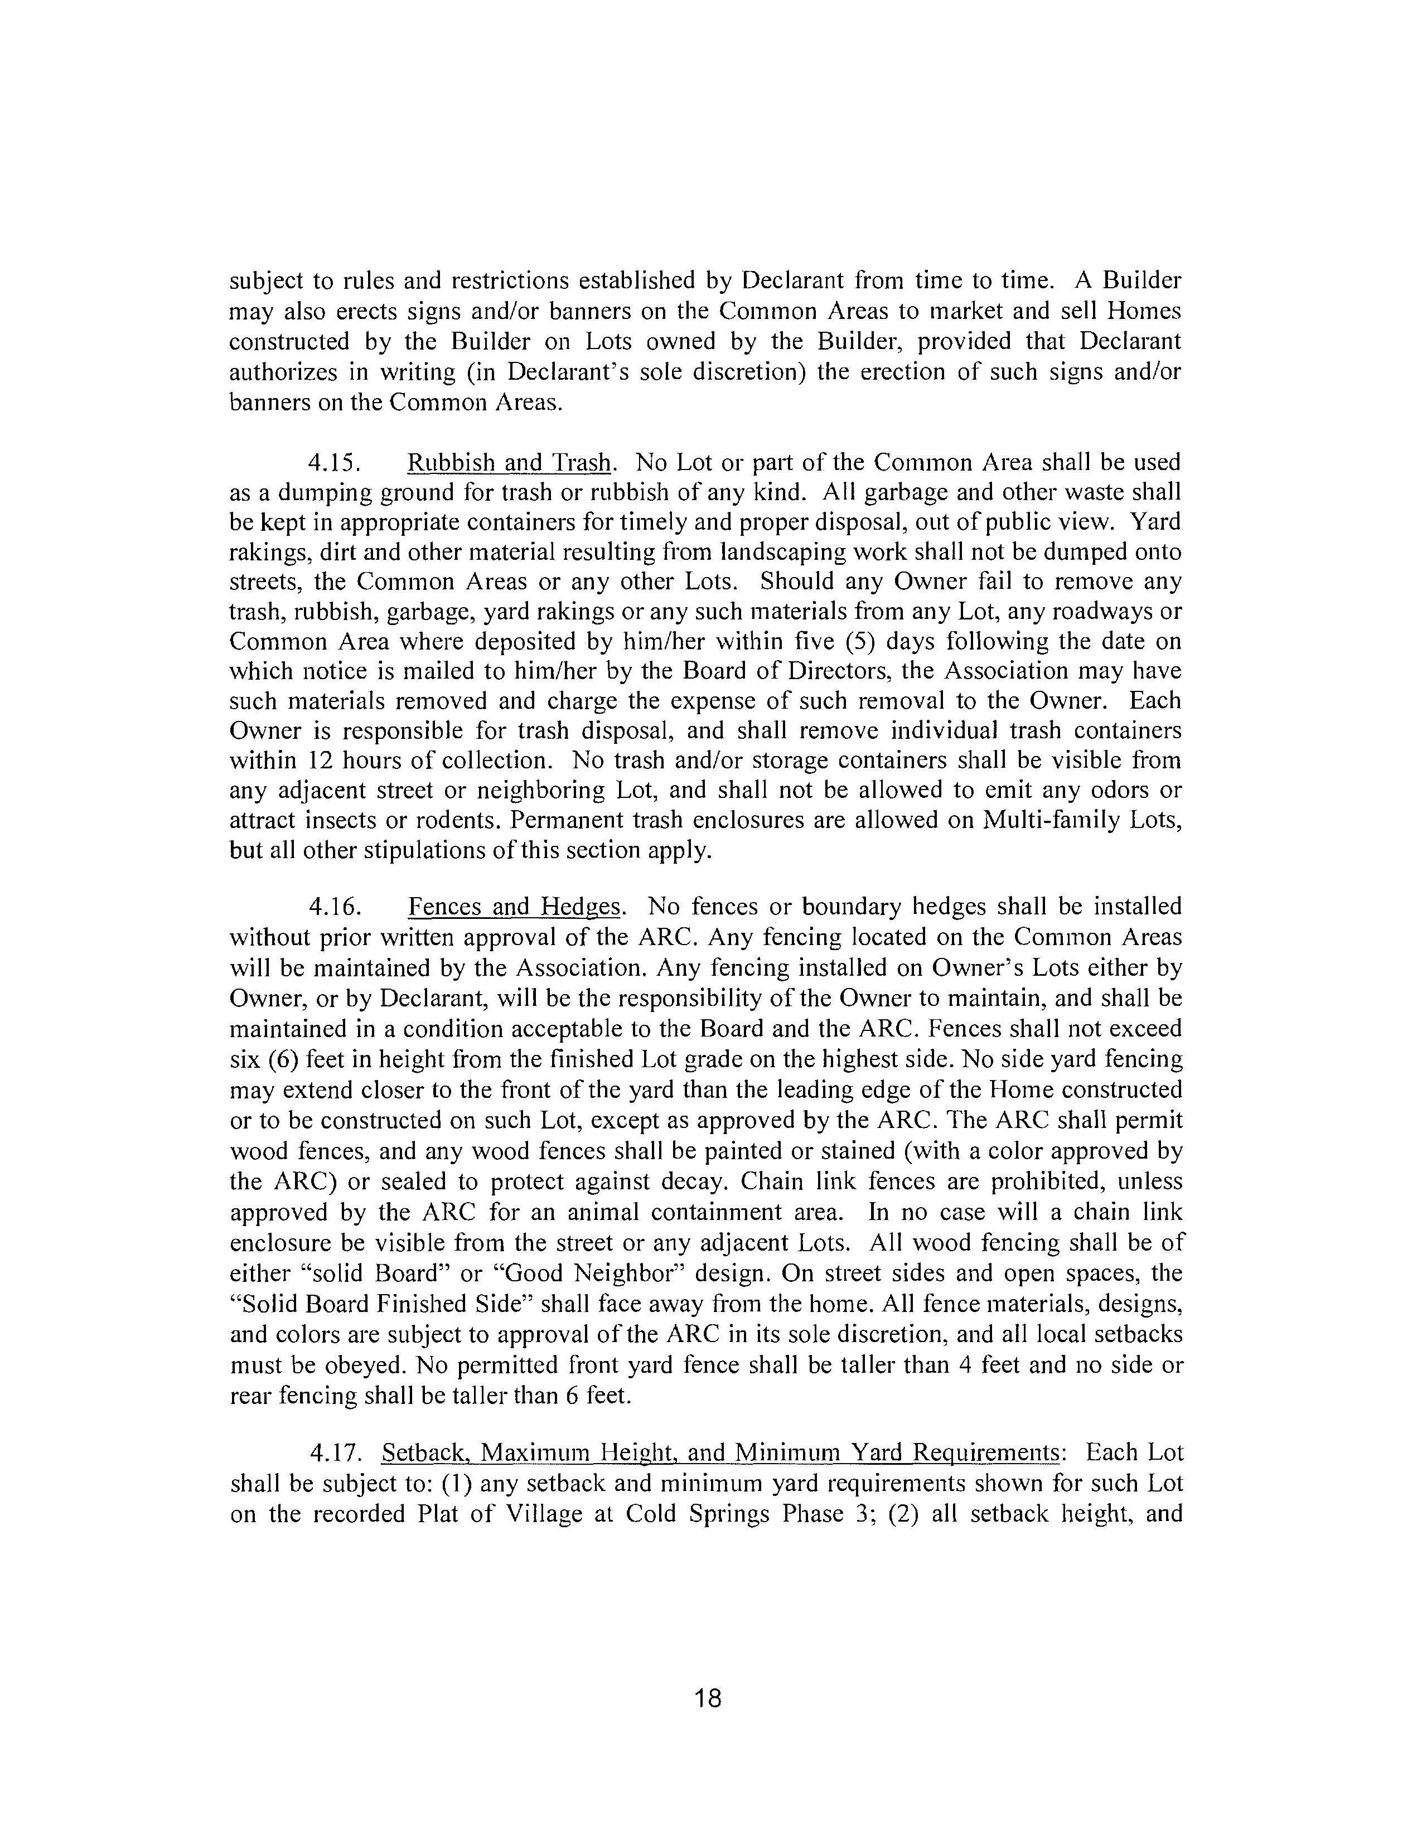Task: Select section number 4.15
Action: click(x=335, y=463)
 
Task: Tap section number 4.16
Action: click(x=335, y=907)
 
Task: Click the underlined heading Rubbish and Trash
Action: click(x=509, y=463)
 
